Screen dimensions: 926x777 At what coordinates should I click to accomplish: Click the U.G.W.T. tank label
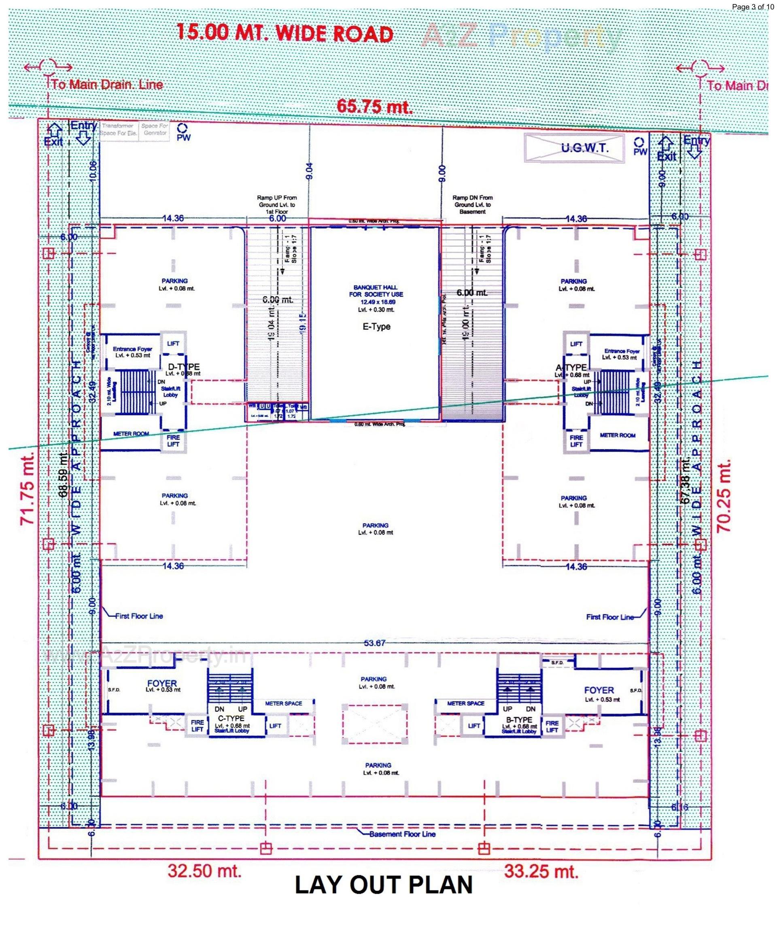(x=585, y=148)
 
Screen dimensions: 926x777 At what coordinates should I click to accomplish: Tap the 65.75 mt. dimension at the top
(x=375, y=106)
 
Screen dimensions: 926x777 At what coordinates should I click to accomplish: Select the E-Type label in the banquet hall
(x=376, y=327)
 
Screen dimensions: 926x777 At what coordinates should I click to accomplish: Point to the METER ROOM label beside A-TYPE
(x=618, y=435)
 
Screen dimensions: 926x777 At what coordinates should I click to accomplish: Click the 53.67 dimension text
(x=375, y=644)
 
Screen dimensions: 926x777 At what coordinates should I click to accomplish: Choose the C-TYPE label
(x=231, y=718)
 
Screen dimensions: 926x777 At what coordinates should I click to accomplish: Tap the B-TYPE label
(x=520, y=720)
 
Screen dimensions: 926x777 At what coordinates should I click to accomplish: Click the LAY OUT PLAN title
(x=384, y=886)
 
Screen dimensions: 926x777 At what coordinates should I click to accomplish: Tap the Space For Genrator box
(x=155, y=130)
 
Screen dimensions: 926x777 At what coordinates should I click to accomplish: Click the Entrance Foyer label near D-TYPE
(x=132, y=352)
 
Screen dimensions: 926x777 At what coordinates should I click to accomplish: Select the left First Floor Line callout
(x=139, y=616)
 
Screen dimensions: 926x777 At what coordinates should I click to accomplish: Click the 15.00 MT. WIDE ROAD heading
(x=284, y=34)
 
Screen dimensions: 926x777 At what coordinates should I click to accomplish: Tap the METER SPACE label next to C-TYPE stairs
(x=284, y=704)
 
